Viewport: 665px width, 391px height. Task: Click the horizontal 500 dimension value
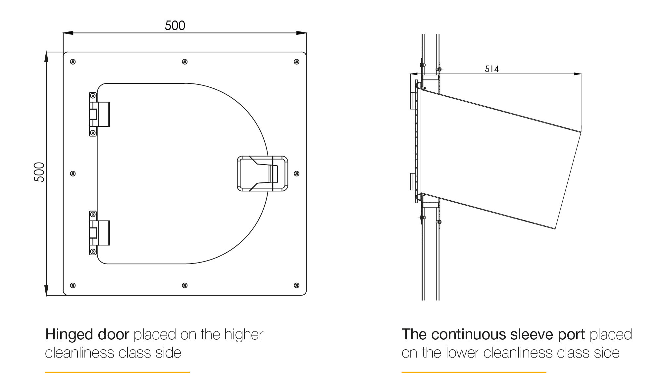pyautogui.click(x=175, y=25)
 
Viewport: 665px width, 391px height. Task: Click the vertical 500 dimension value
pyautogui.click(x=39, y=172)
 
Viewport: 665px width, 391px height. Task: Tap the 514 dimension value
pyautogui.click(x=492, y=69)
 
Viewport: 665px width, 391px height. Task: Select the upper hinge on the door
pyautogui.click(x=99, y=114)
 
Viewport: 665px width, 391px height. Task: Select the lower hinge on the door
pyautogui.click(x=99, y=233)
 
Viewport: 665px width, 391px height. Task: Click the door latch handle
pyautogui.click(x=263, y=173)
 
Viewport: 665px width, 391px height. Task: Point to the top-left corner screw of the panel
pyautogui.click(x=73, y=62)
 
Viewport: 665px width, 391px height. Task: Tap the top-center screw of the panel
pyautogui.click(x=185, y=62)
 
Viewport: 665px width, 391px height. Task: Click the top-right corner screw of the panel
pyautogui.click(x=297, y=62)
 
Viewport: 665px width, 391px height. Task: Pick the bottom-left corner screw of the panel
pyautogui.click(x=73, y=285)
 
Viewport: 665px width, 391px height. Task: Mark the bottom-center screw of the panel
pyautogui.click(x=185, y=285)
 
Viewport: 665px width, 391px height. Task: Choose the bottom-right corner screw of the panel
pyautogui.click(x=297, y=285)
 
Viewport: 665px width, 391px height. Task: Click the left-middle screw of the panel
pyautogui.click(x=73, y=174)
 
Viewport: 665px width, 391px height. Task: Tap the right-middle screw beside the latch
pyautogui.click(x=297, y=174)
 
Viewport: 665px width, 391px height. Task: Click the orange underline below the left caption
pyautogui.click(x=117, y=372)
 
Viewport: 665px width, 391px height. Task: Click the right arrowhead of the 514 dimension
pyautogui.click(x=578, y=74)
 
